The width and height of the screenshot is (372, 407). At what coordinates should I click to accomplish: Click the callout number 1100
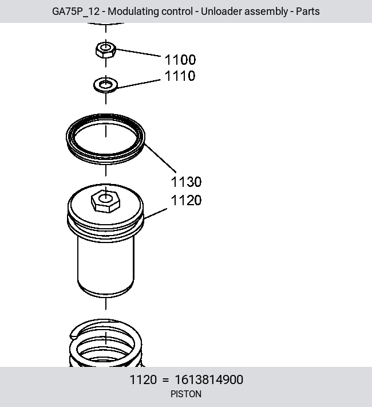point(180,60)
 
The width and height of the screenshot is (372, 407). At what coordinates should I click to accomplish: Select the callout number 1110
point(180,76)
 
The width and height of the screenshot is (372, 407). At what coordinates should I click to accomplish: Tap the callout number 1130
point(186,182)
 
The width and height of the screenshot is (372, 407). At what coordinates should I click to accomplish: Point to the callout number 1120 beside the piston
point(186,201)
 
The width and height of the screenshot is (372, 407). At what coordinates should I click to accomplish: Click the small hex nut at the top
point(105,50)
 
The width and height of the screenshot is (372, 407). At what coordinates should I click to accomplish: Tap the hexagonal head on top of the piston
point(105,201)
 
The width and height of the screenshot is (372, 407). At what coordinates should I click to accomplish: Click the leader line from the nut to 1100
point(138,52)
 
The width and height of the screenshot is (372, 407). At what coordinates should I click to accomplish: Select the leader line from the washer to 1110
point(139,84)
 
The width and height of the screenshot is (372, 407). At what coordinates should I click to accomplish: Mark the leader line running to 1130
point(160,158)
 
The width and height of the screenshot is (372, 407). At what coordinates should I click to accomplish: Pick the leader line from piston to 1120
point(155,213)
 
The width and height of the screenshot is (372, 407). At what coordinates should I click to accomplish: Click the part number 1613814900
point(209,379)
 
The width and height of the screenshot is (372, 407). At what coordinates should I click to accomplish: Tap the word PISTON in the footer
point(186,394)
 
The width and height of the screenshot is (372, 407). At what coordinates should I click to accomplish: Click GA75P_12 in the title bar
point(76,11)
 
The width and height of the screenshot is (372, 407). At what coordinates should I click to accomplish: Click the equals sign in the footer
point(165,380)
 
